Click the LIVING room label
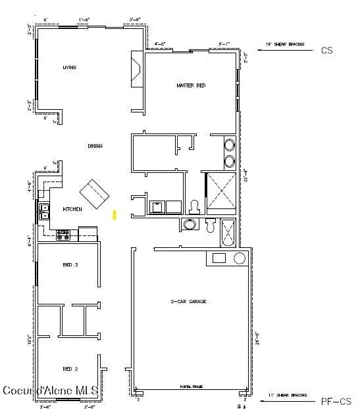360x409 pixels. point(69,68)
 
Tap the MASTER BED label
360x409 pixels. point(192,85)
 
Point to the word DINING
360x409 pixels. point(95,146)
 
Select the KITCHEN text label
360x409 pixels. point(72,209)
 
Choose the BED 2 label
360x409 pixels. point(70,368)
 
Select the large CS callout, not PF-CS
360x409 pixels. point(327,50)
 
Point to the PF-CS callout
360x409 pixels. point(336,401)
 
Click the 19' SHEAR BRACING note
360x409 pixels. point(284,44)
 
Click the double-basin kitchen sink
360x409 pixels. point(45,211)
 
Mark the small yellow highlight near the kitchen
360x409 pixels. point(115,214)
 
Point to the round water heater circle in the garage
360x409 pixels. point(239,258)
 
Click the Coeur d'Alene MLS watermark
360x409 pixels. point(50,391)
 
